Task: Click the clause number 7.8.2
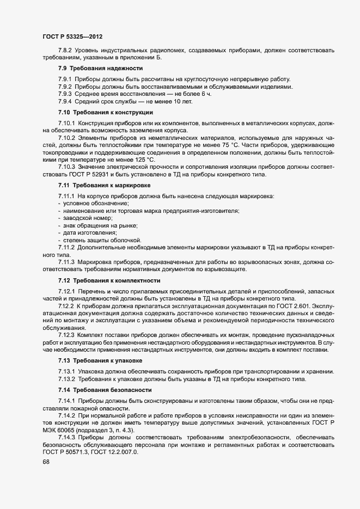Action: point(65,51)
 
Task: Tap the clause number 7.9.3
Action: point(65,94)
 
